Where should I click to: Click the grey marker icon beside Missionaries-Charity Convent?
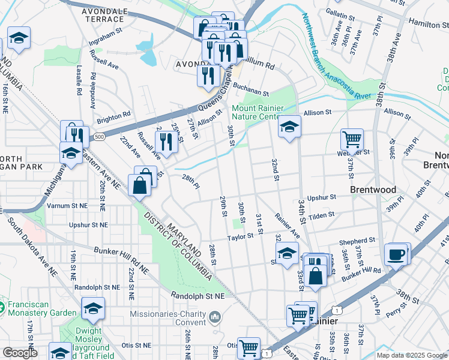coord(215,316)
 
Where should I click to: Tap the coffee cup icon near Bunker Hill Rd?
coord(396,254)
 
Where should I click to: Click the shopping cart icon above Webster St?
coord(352,139)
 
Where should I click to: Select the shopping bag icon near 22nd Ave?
coord(139,185)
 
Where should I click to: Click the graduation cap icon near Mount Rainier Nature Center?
coord(289,127)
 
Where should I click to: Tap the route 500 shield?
coord(99,137)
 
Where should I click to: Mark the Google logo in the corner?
coord(20,353)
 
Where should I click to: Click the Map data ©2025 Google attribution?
coord(412,355)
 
